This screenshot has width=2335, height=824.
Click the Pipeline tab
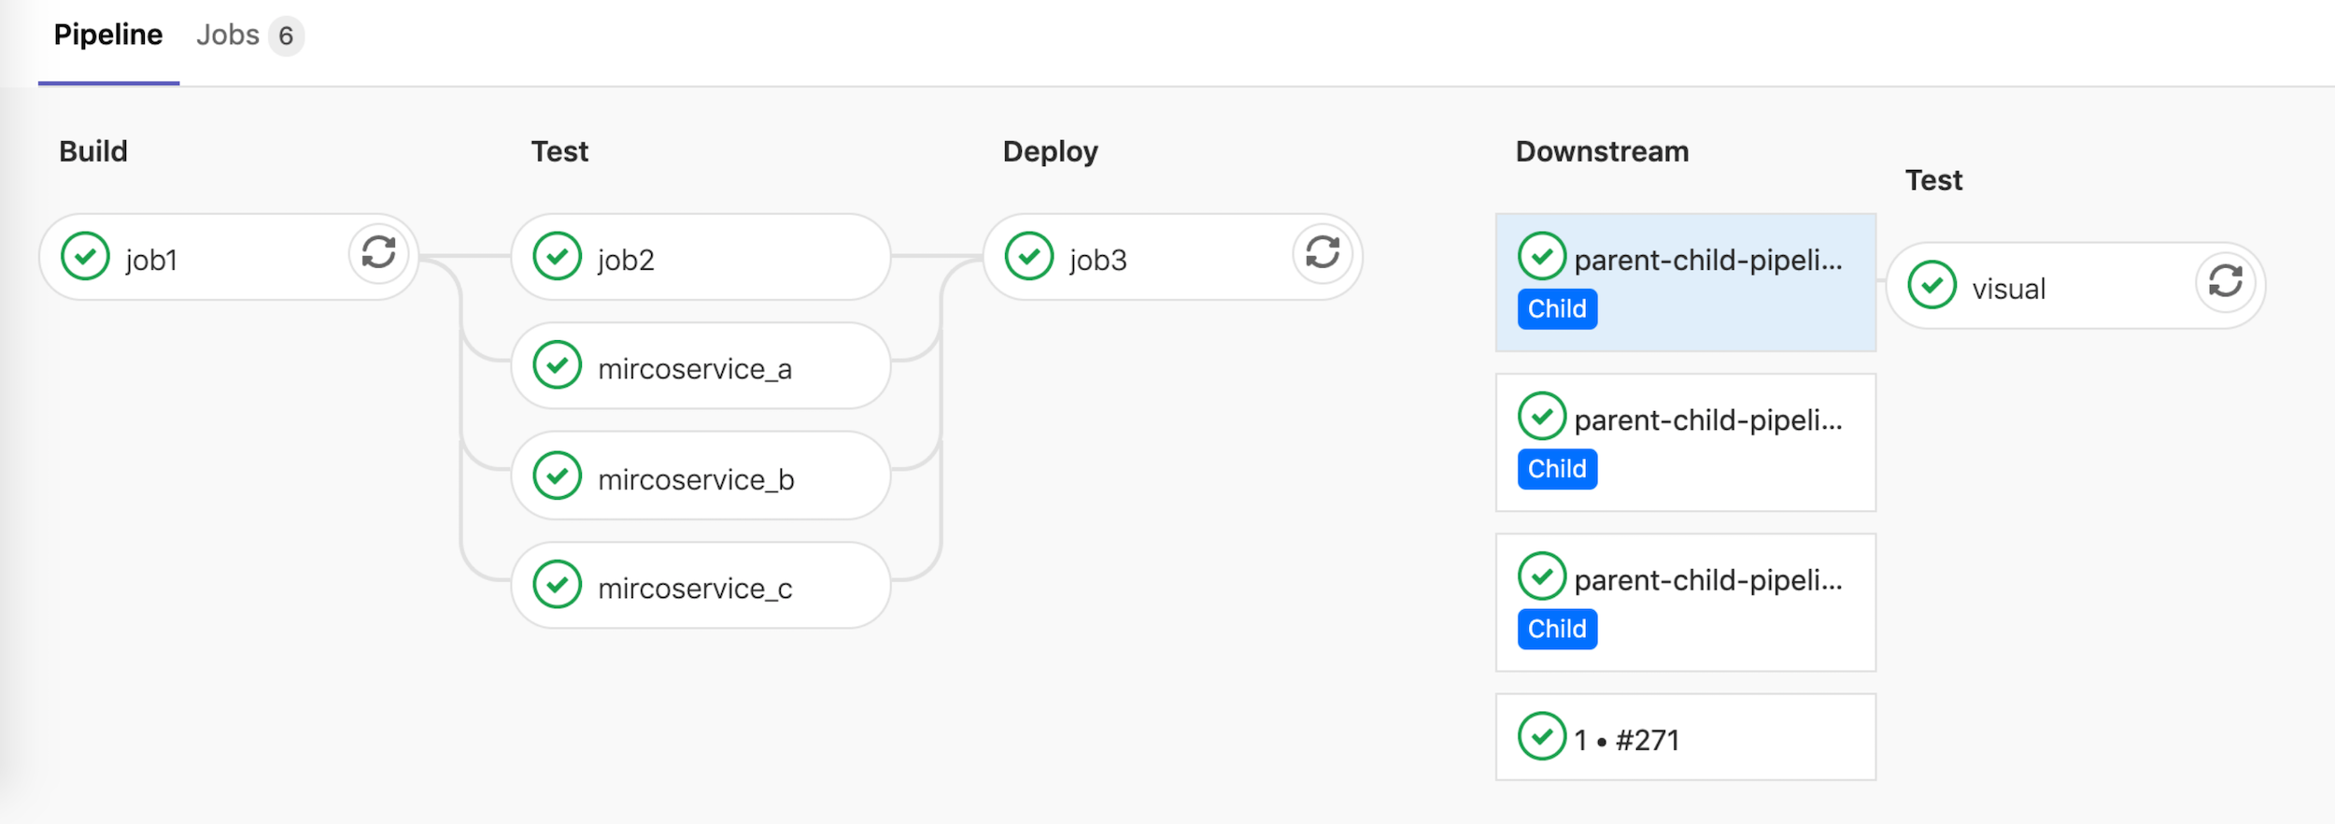pyautogui.click(x=107, y=36)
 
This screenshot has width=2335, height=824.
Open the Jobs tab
pyautogui.click(x=227, y=36)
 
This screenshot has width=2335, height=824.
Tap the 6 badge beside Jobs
pyautogui.click(x=286, y=36)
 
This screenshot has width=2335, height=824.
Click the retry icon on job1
pyautogui.click(x=378, y=252)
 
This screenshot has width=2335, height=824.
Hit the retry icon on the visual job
pyautogui.click(x=2225, y=281)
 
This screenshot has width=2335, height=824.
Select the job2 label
pyautogui.click(x=626, y=260)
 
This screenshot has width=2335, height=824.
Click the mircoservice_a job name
pyautogui.click(x=695, y=369)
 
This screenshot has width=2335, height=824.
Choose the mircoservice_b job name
pyautogui.click(x=696, y=479)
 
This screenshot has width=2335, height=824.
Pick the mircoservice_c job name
pyautogui.click(x=695, y=589)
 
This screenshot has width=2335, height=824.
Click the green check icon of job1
pyautogui.click(x=85, y=256)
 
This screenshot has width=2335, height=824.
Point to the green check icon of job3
pyautogui.click(x=1029, y=256)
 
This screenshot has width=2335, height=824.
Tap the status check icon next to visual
pyautogui.click(x=1932, y=285)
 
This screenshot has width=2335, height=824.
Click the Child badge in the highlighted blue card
pyautogui.click(x=1556, y=309)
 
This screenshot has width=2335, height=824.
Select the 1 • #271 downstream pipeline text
pyautogui.click(x=1626, y=741)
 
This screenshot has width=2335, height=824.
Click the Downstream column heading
pyautogui.click(x=1602, y=151)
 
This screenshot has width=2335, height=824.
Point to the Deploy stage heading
pyautogui.click(x=1050, y=151)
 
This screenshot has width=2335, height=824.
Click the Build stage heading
pyautogui.click(x=93, y=151)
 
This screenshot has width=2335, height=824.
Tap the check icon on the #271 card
pyautogui.click(x=1541, y=736)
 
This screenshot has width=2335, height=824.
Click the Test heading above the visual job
pyautogui.click(x=1933, y=180)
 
